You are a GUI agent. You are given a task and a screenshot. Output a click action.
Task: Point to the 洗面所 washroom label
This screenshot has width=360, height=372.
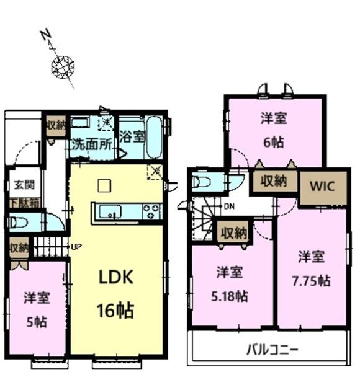click(91, 146)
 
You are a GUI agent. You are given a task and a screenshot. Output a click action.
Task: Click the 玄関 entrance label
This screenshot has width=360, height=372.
click(20, 185)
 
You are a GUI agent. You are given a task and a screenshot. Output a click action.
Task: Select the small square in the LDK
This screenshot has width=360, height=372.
click(104, 185)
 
